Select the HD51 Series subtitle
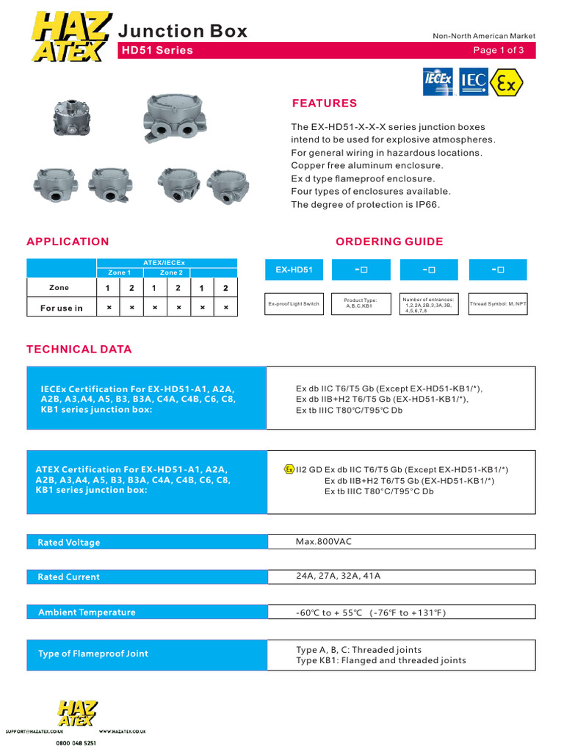tap(156, 51)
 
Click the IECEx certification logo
tap(438, 82)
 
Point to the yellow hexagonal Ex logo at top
tap(507, 82)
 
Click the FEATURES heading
tap(324, 104)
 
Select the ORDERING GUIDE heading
tap(389, 242)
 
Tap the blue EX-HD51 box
tap(294, 270)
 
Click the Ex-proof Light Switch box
tap(294, 303)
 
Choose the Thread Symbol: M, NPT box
tap(498, 303)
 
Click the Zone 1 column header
tap(120, 272)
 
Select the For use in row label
tap(62, 308)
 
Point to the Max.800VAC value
tap(325, 542)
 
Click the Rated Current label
tap(68, 577)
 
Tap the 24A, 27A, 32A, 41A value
tap(339, 576)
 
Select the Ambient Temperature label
tap(87, 612)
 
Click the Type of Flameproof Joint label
tap(93, 654)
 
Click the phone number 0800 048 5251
tap(76, 742)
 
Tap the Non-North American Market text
tap(484, 36)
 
